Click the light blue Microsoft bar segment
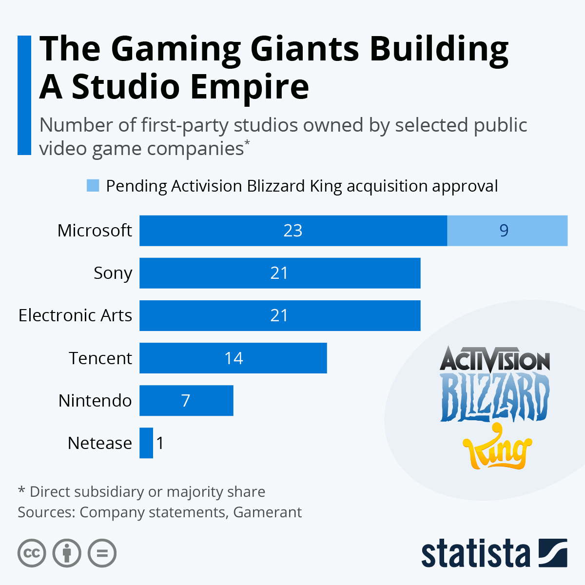click(507, 231)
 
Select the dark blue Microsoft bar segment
click(292, 231)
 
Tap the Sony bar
click(280, 273)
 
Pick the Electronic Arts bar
click(280, 315)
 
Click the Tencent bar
click(233, 358)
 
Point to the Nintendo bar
click(186, 400)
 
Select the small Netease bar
click(146, 443)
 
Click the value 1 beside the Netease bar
click(160, 443)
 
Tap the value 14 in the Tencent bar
click(234, 358)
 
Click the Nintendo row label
click(95, 400)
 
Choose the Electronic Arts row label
click(75, 315)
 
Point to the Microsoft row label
click(95, 230)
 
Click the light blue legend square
click(93, 185)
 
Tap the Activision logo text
click(495, 360)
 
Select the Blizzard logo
click(495, 396)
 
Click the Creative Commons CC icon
click(32, 553)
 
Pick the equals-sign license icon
click(102, 553)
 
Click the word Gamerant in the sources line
click(267, 512)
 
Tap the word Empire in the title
click(249, 87)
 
